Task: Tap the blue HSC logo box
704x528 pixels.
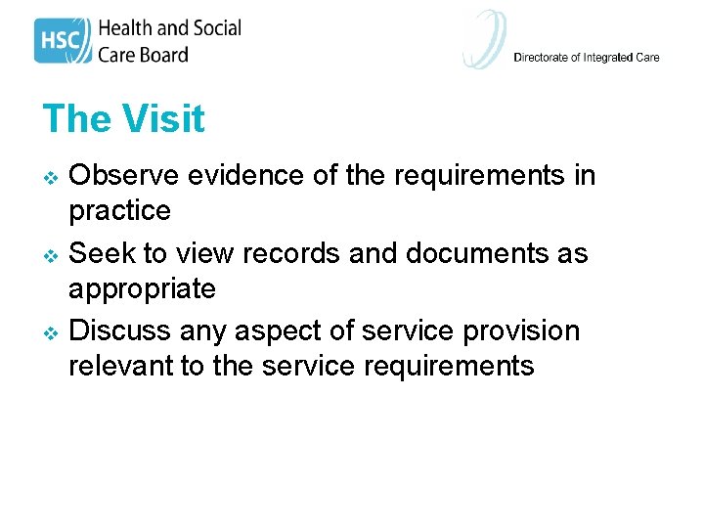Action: (x=63, y=41)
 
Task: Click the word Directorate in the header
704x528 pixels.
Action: (x=541, y=58)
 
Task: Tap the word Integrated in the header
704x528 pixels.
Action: (x=609, y=58)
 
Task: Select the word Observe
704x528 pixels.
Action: (x=125, y=175)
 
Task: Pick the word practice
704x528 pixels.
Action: (x=119, y=211)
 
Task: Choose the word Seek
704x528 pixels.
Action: (x=103, y=253)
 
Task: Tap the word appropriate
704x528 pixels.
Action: (x=142, y=289)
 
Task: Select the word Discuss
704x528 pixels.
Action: (x=120, y=330)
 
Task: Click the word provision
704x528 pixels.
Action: (x=517, y=331)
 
